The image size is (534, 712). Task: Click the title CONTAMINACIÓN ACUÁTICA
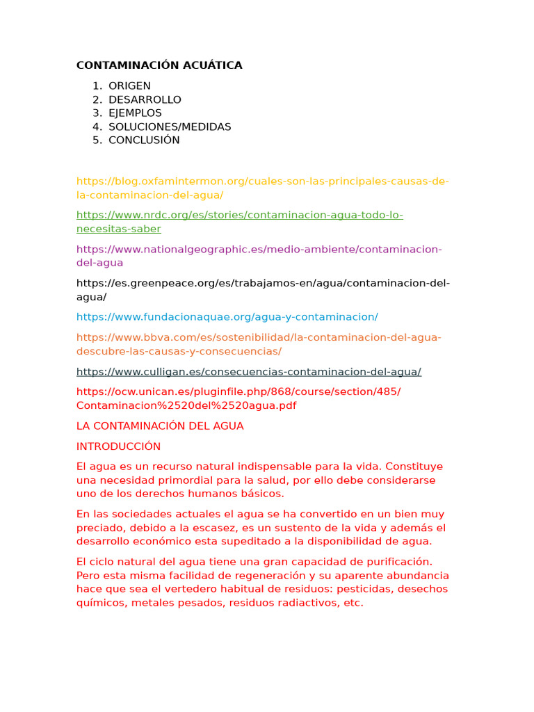159,65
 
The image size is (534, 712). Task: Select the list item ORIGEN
129,86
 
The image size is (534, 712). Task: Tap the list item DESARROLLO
145,99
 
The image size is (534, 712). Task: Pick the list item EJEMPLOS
135,113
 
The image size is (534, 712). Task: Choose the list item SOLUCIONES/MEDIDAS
170,127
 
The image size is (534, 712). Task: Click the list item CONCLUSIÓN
144,140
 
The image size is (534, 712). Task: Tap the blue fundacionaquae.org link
227,317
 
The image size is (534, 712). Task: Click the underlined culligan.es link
248,372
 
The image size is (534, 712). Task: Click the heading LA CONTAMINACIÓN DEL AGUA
160,426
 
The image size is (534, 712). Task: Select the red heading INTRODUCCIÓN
118,446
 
